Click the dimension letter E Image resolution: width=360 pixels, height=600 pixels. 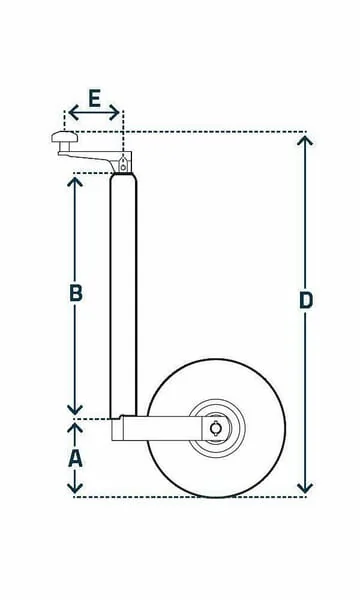(x=94, y=98)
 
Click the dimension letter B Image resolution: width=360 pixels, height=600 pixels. (x=76, y=293)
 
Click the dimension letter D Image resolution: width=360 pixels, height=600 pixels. (x=306, y=300)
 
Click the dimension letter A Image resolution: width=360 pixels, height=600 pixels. (x=75, y=458)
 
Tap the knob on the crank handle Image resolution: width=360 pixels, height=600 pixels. (x=65, y=137)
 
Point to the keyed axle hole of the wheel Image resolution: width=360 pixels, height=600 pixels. (x=215, y=427)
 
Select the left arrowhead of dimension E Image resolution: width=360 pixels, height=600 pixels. (x=73, y=112)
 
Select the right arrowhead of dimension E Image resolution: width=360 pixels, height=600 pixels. (x=114, y=112)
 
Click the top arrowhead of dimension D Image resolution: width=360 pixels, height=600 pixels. (x=305, y=141)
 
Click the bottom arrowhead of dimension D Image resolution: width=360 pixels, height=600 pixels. (x=305, y=488)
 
